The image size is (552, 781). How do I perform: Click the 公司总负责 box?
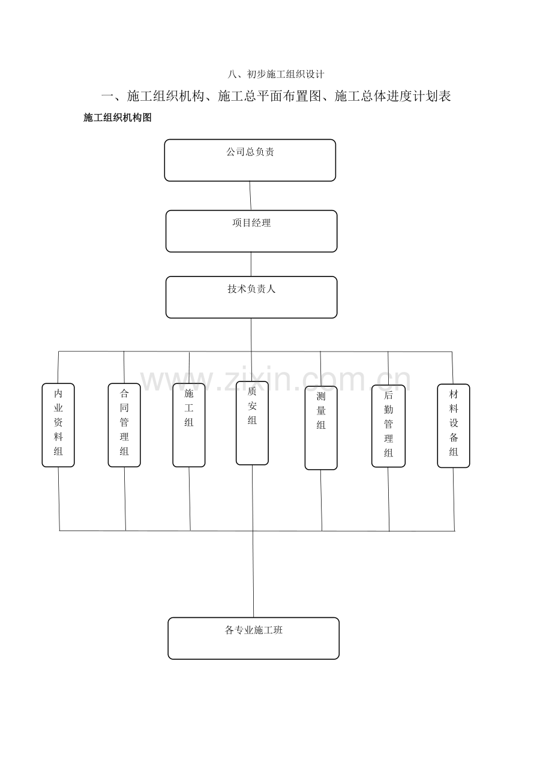(x=250, y=160)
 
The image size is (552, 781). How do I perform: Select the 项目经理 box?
(x=251, y=231)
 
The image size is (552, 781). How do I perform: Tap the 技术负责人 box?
(x=251, y=297)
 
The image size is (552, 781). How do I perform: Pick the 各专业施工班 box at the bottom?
(x=253, y=638)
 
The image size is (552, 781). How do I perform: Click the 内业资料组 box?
(x=58, y=425)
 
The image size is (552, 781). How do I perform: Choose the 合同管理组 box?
(x=124, y=425)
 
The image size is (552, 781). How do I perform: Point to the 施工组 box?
(x=189, y=425)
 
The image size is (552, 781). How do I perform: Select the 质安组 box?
(x=252, y=423)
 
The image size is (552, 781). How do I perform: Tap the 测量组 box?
(x=321, y=428)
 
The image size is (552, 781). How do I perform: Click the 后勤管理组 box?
(x=388, y=426)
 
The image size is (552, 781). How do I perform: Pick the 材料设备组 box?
(x=454, y=425)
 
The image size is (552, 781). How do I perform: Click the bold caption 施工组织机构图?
(x=118, y=118)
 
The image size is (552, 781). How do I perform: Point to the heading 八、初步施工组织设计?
(x=276, y=74)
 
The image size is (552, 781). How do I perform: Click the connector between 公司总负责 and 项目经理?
(x=250, y=196)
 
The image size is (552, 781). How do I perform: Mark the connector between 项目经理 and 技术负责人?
(x=251, y=264)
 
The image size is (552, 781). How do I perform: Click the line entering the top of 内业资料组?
(x=58, y=367)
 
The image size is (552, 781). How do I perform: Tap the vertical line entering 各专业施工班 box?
(x=253, y=576)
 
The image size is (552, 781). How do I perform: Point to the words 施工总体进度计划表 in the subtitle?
(x=392, y=96)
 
